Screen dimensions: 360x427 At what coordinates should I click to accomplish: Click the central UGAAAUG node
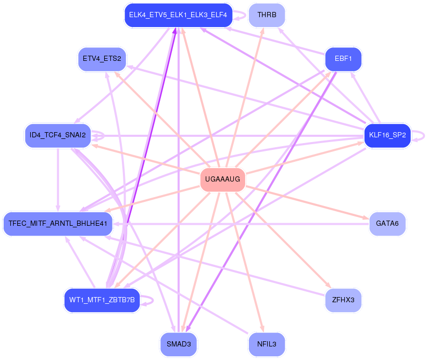pos(222,179)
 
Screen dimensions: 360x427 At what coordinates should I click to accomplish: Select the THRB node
pos(267,15)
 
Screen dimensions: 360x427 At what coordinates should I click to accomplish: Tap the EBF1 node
pos(343,59)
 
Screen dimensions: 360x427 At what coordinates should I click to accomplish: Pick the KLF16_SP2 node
pos(387,135)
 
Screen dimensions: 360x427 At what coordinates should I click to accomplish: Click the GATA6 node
pos(387,224)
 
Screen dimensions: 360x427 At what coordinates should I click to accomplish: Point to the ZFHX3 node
pos(343,300)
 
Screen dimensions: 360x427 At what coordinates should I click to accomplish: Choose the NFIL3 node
pos(267,344)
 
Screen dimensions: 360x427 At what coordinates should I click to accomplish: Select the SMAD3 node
pos(179,344)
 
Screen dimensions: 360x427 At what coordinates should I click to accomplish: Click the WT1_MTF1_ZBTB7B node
pos(102,300)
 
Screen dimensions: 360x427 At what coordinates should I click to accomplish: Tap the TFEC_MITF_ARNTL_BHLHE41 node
pos(58,224)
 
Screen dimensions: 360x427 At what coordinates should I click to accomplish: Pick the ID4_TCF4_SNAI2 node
pos(58,135)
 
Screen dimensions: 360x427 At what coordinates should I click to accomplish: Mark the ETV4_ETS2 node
pos(102,59)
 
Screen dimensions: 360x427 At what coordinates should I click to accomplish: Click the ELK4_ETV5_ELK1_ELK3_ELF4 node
pos(178,15)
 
